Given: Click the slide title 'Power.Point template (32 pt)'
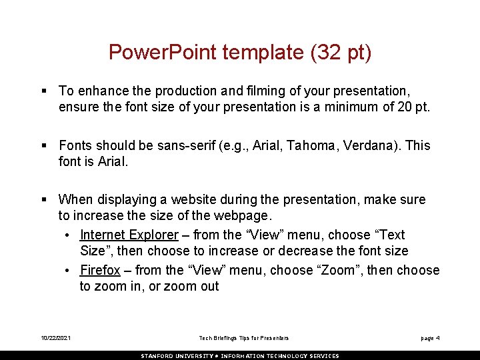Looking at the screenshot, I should point(240,53).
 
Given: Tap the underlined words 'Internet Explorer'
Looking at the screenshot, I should point(129,235).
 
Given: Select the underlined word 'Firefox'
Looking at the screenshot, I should point(100,271).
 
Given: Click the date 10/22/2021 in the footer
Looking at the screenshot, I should point(55,339).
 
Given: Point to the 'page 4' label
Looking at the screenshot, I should point(430,339).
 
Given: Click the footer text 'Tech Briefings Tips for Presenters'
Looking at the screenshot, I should point(244,339).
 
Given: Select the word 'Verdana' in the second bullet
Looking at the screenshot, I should point(367,145).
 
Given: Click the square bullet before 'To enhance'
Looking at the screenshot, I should point(43,91).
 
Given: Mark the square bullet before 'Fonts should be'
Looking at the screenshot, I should point(43,145).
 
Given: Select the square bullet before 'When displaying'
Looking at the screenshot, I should point(43,199).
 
